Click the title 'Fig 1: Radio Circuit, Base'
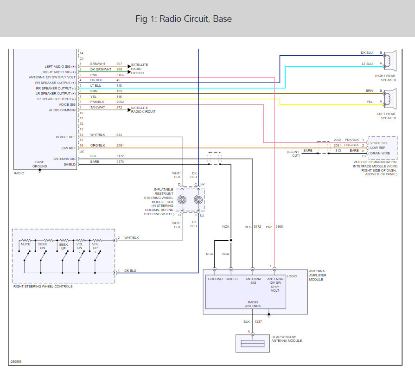click(184, 19)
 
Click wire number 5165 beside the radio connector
click(120, 75)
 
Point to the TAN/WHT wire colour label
click(97, 107)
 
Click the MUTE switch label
click(26, 243)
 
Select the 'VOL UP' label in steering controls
click(96, 246)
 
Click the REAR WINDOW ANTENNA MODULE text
click(287, 339)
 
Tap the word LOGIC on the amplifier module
click(292, 275)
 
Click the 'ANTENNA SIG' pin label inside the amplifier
click(253, 281)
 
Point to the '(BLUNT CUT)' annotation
click(294, 154)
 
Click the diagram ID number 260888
click(16, 362)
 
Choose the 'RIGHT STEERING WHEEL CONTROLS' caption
click(43, 286)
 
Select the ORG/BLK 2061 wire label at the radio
click(97, 145)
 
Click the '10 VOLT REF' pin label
click(65, 137)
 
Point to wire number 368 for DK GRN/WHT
click(119, 69)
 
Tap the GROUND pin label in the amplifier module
click(215, 279)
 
